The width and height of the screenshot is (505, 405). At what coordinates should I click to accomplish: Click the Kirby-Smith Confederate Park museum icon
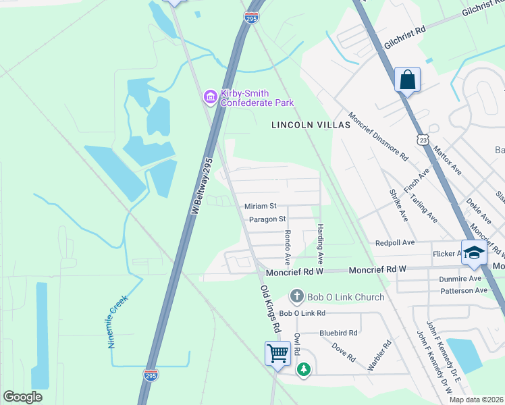coord(210,99)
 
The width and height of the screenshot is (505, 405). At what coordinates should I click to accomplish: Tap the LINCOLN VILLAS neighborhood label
coord(311,125)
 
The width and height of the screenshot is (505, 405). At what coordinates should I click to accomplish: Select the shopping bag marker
coord(408,80)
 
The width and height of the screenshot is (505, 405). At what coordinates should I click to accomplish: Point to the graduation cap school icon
coord(474,252)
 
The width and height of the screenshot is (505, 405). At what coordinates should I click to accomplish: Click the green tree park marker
coord(304,369)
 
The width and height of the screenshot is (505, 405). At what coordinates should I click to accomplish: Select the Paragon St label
coord(267,219)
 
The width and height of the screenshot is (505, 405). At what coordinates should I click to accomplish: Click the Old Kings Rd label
coord(271,308)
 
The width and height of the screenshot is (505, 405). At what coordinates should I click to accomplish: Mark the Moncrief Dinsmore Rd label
coord(379,136)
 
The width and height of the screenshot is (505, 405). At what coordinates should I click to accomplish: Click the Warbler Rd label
coord(379,355)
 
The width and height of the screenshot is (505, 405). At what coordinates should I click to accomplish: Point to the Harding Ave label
coord(321,243)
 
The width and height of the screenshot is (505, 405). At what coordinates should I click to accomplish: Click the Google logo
coord(23,397)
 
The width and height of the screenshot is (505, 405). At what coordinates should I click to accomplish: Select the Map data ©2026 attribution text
coord(475,400)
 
